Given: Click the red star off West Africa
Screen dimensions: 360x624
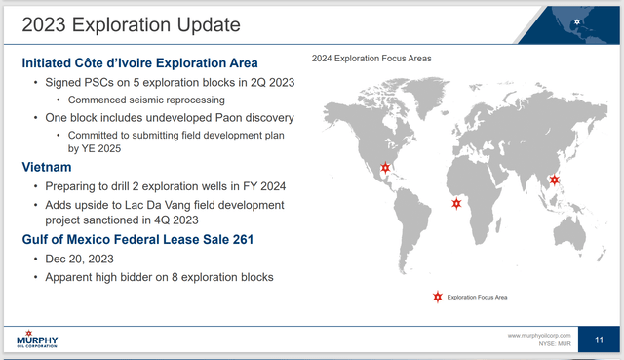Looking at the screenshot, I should click(456, 204).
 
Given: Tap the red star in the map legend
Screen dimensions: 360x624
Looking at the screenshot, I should click(438, 296).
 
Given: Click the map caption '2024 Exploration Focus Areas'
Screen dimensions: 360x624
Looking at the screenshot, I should click(371, 59).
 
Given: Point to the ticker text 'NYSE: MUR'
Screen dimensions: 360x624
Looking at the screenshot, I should click(550, 344).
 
